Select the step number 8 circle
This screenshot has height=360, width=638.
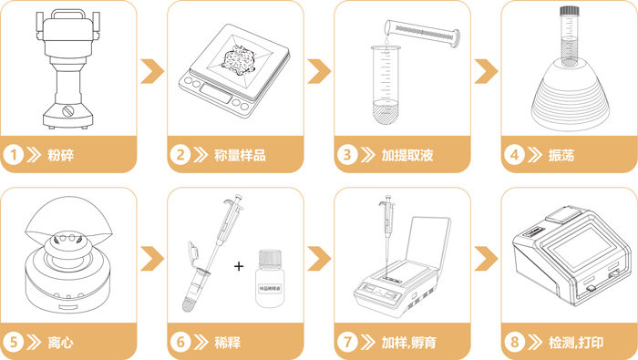[516, 344]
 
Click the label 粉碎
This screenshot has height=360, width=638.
[61, 156]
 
